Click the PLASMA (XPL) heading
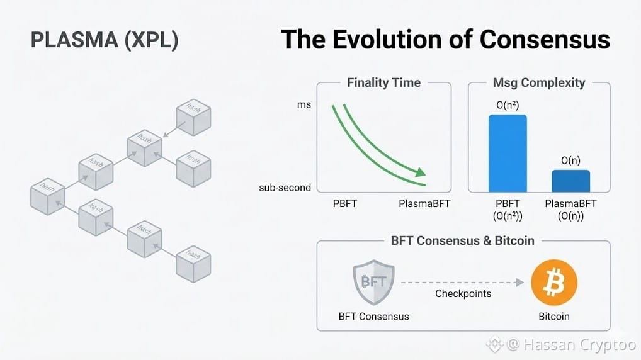click(105, 40)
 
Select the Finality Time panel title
click(383, 82)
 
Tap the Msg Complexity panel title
click(539, 82)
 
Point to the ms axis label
click(304, 104)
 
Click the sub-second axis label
click(285, 188)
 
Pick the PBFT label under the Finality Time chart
click(345, 204)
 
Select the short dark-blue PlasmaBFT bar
click(570, 181)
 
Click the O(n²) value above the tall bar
click(508, 105)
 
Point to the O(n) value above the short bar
click(570, 160)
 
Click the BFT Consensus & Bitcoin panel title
click(462, 241)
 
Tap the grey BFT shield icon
click(373, 283)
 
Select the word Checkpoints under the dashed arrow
click(463, 294)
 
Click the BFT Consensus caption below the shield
click(373, 316)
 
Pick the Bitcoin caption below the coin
click(554, 316)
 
